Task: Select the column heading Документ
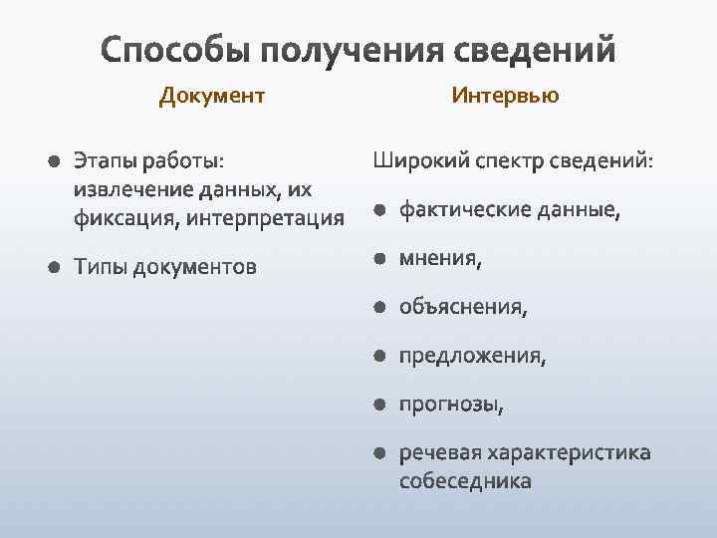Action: click(x=212, y=96)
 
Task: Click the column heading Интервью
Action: click(x=505, y=96)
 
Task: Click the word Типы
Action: click(x=100, y=267)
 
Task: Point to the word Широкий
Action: click(x=419, y=160)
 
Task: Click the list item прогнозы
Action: click(x=451, y=404)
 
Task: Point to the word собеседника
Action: click(x=465, y=480)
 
